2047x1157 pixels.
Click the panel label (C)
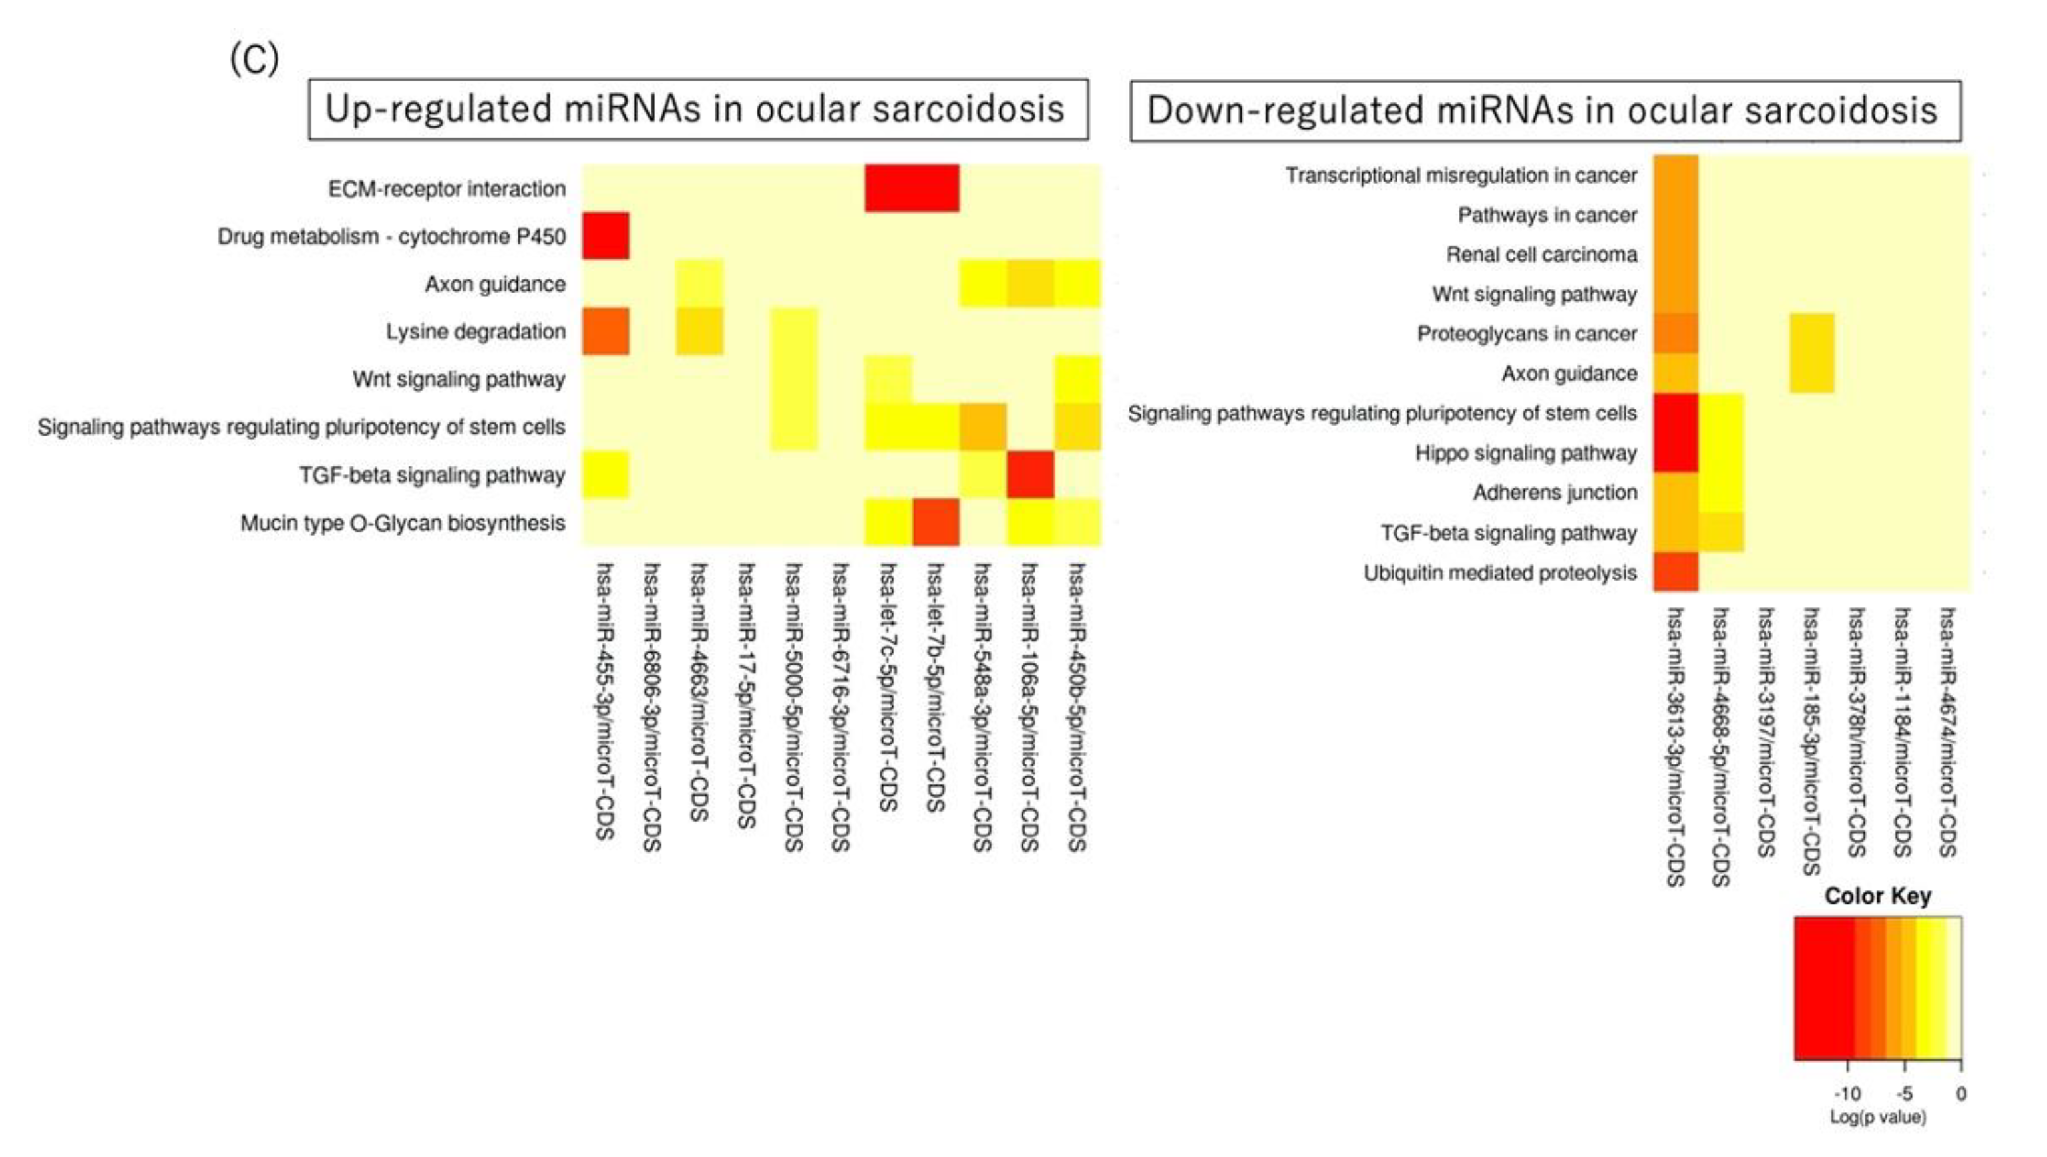[x=254, y=59]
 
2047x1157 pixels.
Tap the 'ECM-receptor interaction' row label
[x=447, y=189]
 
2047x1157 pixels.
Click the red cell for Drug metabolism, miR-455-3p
[x=606, y=236]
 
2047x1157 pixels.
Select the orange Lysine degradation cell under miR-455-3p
[x=606, y=331]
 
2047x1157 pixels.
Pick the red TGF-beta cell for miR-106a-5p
[x=1030, y=474]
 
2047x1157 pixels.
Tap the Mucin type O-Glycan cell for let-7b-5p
[x=935, y=522]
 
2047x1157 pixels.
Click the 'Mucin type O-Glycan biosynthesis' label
[x=402, y=523]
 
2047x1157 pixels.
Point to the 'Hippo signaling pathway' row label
[x=1526, y=454]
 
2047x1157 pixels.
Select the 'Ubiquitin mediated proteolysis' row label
[x=1499, y=573]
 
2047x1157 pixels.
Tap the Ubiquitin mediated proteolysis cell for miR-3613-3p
[x=1676, y=572]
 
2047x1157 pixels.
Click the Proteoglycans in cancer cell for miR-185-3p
[x=1812, y=334]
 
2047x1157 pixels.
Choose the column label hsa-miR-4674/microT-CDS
[x=1948, y=731]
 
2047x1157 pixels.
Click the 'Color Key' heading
[x=1877, y=896]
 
